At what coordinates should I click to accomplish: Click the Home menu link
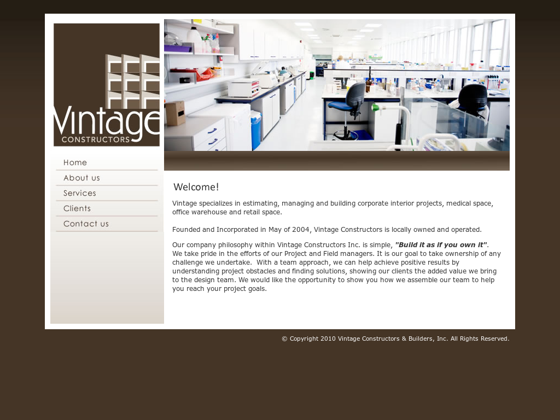pyautogui.click(x=75, y=162)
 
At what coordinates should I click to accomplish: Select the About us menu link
pyautogui.click(x=81, y=178)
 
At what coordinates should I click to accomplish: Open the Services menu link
pyautogui.click(x=80, y=193)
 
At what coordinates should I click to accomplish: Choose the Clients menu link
pyautogui.click(x=77, y=208)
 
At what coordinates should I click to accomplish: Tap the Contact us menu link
pyautogui.click(x=86, y=224)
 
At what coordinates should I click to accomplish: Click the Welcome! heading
pyautogui.click(x=196, y=187)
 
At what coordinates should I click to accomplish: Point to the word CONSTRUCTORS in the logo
pyautogui.click(x=96, y=139)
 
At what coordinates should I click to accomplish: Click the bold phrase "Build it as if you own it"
pyautogui.click(x=441, y=245)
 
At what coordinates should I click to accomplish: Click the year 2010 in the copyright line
pyautogui.click(x=328, y=339)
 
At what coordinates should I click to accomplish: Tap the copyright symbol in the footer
pyautogui.click(x=284, y=339)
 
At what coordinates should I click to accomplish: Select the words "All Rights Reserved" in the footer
pyautogui.click(x=479, y=339)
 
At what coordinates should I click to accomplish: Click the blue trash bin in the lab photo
pyautogui.click(x=256, y=130)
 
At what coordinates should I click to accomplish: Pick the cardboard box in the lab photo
pyautogui.click(x=175, y=113)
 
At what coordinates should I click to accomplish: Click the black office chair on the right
pyautogui.click(x=472, y=100)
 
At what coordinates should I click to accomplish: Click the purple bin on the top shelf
pyautogui.click(x=178, y=49)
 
